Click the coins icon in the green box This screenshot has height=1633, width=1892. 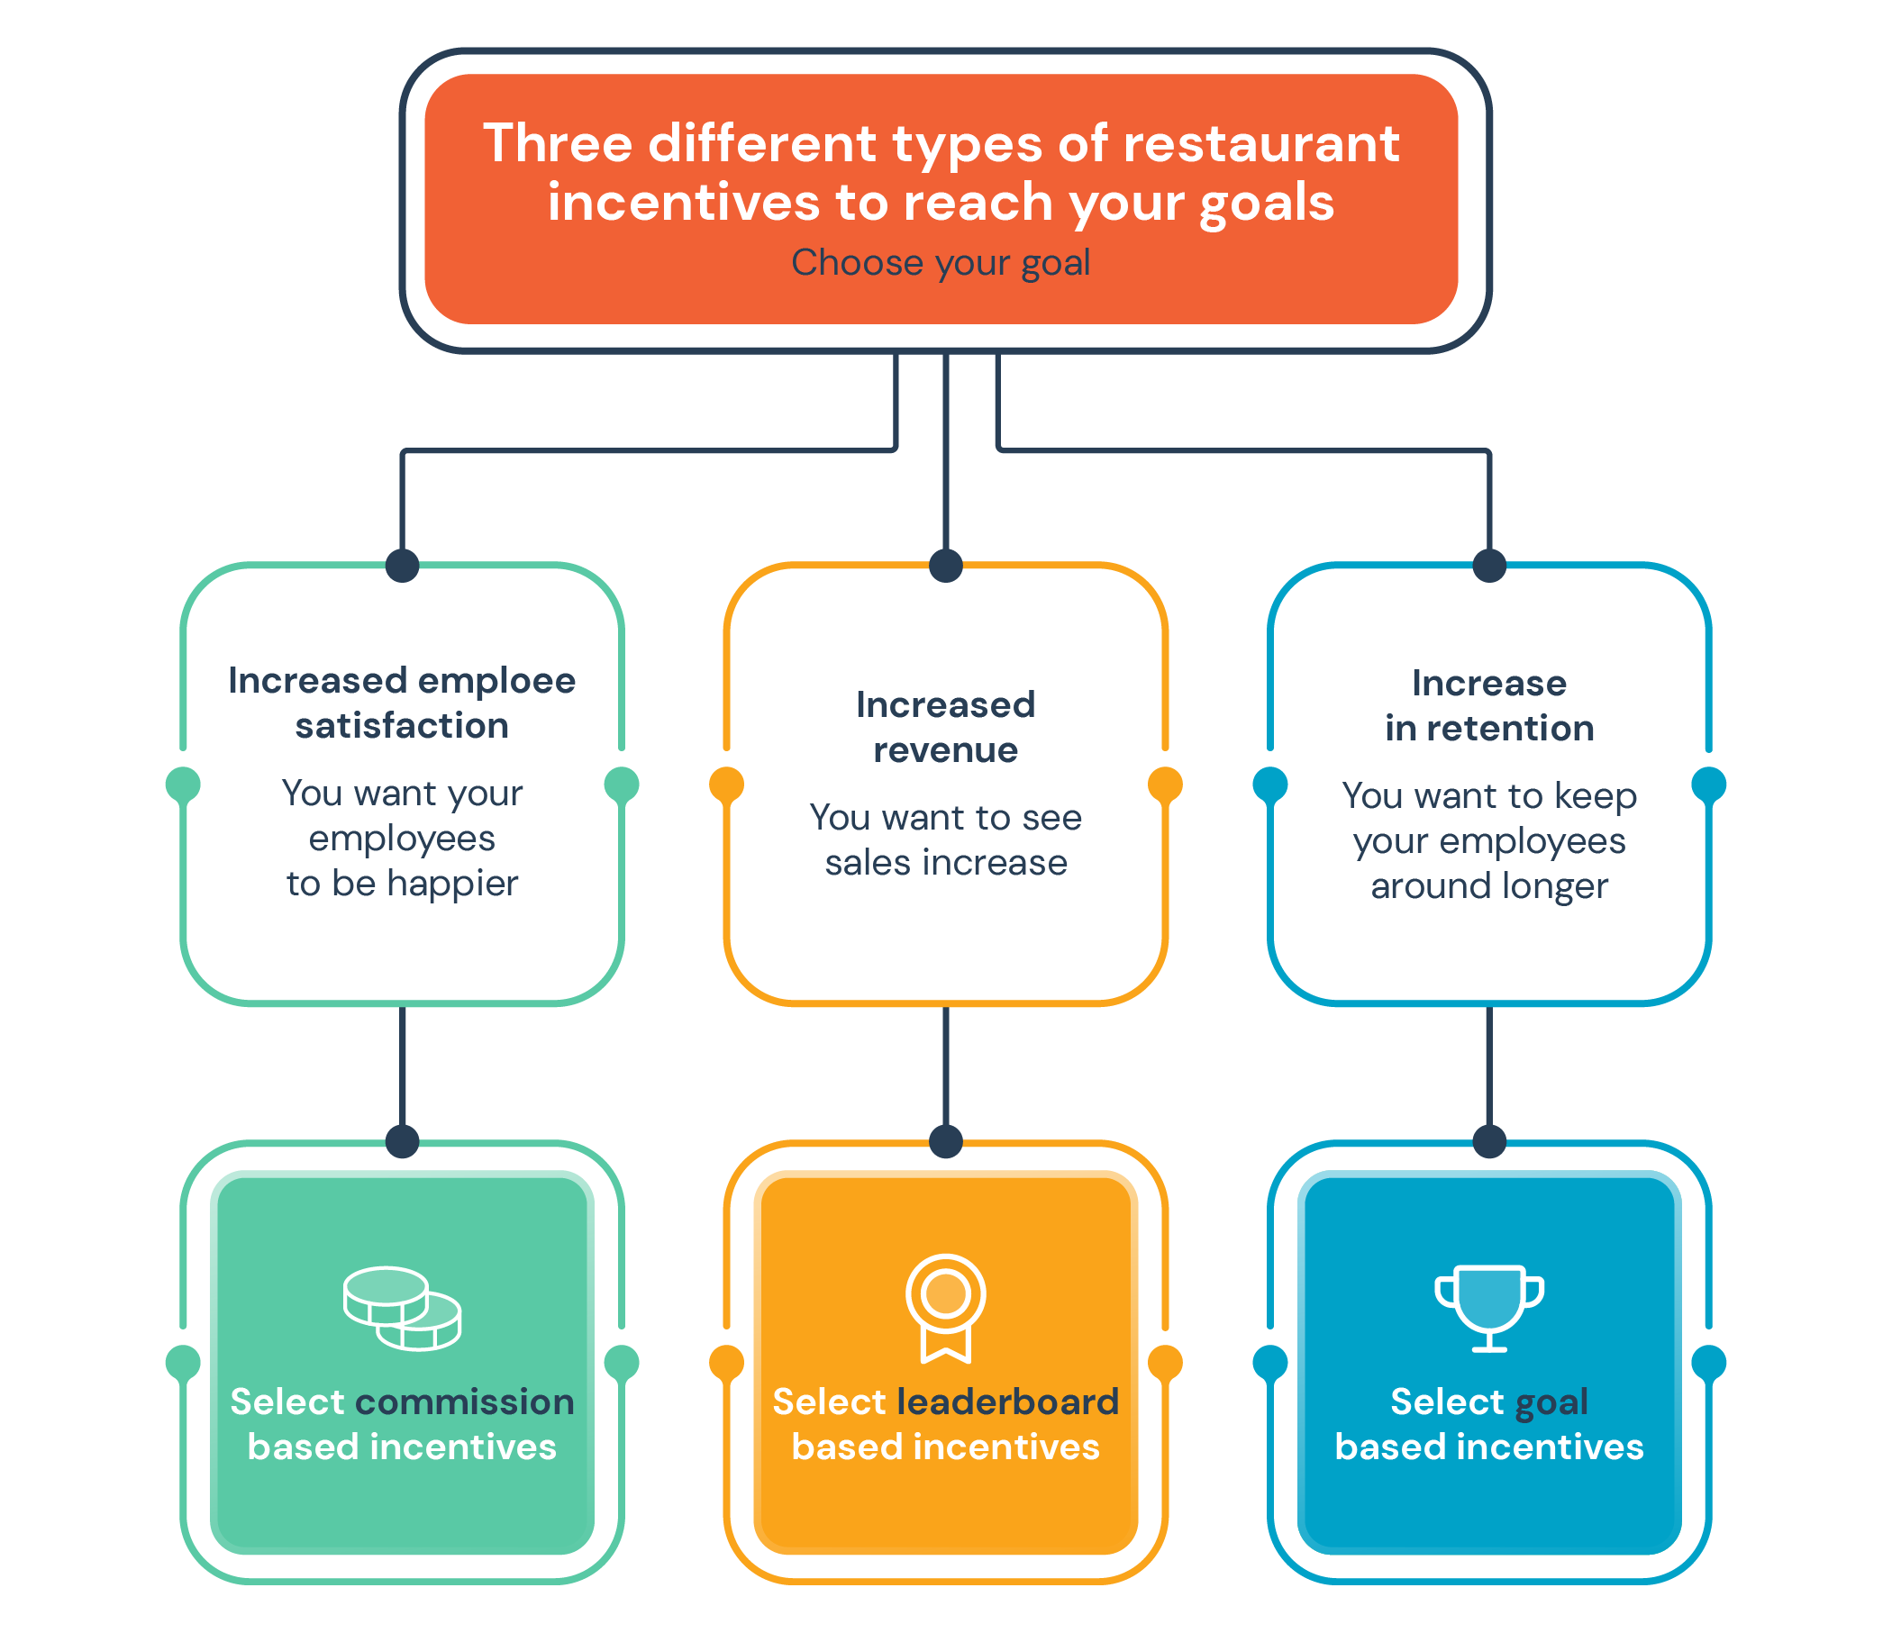point(402,1308)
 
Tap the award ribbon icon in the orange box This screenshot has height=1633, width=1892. point(945,1308)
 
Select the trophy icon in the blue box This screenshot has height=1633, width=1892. point(1489,1308)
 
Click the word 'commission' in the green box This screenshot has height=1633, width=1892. point(465,1402)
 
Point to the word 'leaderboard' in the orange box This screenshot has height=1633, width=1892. point(1008,1402)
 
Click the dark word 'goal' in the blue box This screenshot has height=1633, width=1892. point(1551,1403)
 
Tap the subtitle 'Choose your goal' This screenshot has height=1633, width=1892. point(941,262)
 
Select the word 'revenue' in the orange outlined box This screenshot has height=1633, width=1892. point(945,750)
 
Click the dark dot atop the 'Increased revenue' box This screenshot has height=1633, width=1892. point(945,565)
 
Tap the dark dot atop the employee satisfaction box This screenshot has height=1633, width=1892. point(402,565)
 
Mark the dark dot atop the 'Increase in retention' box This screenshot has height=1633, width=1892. point(1489,565)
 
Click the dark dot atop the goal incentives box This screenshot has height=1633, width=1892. point(1489,1141)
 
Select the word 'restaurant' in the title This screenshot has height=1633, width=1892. point(1260,143)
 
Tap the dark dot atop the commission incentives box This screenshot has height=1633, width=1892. point(402,1141)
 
